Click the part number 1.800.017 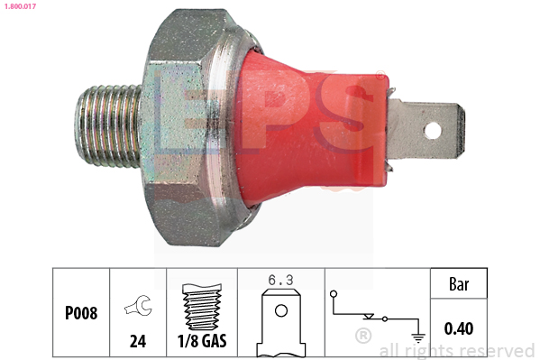(x=18, y=6)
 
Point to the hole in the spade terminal (x=434, y=130)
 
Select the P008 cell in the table (x=81, y=313)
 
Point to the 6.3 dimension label (x=280, y=280)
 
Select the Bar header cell (x=459, y=283)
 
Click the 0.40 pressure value (x=459, y=328)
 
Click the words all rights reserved (x=457, y=350)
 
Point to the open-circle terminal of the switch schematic (x=334, y=294)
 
